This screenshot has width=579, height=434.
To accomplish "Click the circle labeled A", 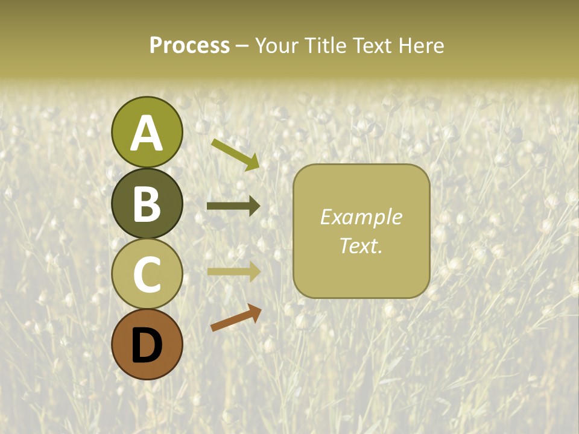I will coord(147,132).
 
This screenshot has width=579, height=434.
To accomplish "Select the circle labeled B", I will coord(147,203).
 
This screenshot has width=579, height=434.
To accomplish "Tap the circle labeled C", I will coord(147,274).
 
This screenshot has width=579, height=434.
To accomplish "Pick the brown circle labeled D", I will coord(147,344).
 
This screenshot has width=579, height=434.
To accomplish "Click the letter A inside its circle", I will coord(147,133).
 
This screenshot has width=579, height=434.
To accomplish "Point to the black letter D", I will coord(147,345).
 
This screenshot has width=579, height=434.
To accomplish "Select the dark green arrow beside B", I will coord(233,206).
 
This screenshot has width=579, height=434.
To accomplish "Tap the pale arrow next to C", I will coord(233,271).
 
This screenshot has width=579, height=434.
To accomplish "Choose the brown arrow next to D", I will coord(236,318).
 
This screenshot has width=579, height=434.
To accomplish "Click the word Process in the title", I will coord(189,45).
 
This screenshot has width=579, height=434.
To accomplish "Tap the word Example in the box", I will coord(361,217).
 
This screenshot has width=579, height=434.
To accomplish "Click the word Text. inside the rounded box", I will coord(361,245).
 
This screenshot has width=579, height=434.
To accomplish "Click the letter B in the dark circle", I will coord(147,204).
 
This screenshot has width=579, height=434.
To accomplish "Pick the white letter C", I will coord(147,274).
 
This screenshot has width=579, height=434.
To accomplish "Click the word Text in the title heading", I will coord(370,45).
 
